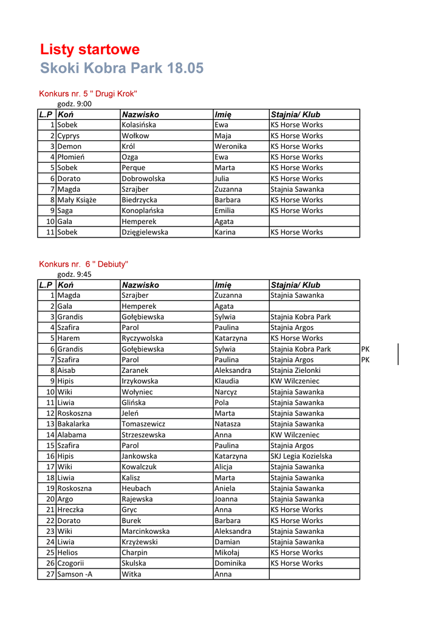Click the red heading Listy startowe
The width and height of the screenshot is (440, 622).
click(90, 49)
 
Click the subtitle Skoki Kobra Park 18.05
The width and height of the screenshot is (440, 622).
click(122, 68)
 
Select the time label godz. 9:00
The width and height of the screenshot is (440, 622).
click(74, 104)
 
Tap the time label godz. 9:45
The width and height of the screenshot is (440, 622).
click(74, 275)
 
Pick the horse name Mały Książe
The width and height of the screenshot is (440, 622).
click(77, 200)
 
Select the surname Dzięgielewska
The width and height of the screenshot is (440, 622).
click(145, 232)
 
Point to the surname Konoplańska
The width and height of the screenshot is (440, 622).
click(142, 211)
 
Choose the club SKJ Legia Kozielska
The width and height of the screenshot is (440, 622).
click(301, 456)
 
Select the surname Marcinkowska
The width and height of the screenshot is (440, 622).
click(145, 531)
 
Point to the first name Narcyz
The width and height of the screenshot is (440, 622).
click(226, 392)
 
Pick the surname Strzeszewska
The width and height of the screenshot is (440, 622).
click(143, 435)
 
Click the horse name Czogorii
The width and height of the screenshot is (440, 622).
click(71, 563)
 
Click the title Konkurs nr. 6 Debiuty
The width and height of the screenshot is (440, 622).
click(83, 264)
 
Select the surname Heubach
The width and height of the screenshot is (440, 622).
click(136, 488)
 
